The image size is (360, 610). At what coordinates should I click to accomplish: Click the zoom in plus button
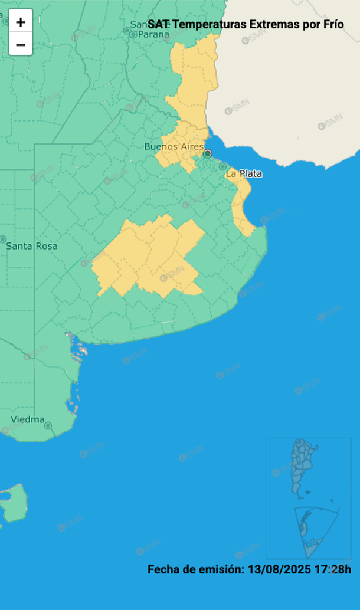coord(21,22)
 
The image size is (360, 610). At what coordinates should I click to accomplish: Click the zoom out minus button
coord(21,44)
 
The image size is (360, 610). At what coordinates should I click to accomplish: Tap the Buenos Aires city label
coord(174,146)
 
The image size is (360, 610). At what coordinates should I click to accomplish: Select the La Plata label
coord(244,174)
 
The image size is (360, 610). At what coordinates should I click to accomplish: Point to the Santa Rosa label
coord(32,246)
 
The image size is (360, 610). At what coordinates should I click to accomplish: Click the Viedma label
coord(27,419)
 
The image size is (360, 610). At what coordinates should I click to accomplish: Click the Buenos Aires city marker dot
coord(207,153)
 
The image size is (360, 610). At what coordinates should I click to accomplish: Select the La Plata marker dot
coord(222,166)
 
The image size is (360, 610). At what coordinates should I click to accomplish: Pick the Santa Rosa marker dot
coord(3,240)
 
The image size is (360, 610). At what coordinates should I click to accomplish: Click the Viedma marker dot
coord(48,425)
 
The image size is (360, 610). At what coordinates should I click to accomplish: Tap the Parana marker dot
coord(133,34)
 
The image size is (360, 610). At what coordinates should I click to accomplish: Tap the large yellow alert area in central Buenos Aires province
coord(148,257)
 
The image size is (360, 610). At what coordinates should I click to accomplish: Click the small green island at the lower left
coord(14,503)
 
